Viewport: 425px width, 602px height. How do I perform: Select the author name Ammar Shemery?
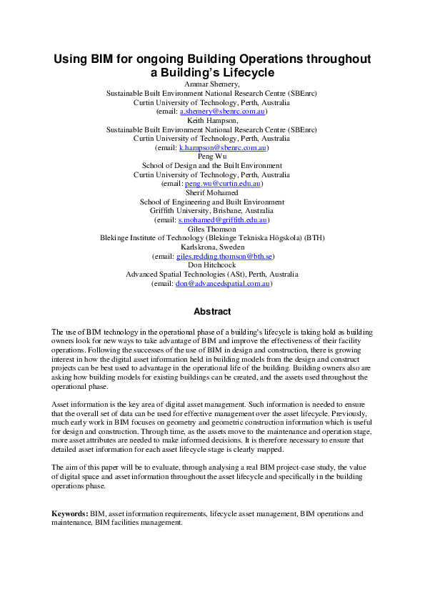212,84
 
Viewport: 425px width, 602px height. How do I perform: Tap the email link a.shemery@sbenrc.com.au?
224,112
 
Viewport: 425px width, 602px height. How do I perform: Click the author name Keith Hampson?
212,121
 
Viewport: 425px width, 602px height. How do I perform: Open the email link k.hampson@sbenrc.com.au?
223,148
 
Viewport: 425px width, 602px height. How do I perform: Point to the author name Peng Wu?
212,157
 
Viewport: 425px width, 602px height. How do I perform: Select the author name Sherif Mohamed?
212,193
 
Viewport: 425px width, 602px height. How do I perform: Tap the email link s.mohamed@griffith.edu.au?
223,220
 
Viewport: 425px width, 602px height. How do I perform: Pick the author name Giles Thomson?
212,229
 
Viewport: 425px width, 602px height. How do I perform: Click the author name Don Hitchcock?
212,265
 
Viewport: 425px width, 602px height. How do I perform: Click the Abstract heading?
212,312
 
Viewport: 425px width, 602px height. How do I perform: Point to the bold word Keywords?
69,514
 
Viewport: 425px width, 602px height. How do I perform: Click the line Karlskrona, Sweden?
212,247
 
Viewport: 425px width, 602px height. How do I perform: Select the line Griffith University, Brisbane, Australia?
212,211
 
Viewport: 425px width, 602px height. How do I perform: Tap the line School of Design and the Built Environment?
212,166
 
